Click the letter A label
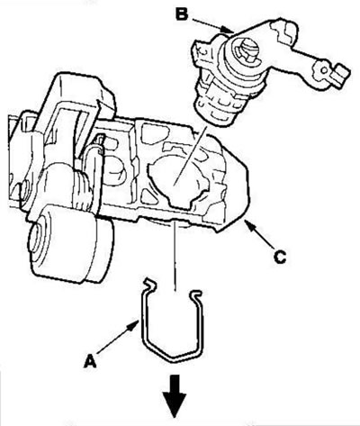(x=90, y=361)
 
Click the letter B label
(x=182, y=14)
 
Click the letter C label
(x=280, y=257)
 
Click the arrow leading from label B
(x=213, y=25)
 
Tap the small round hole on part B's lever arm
(x=325, y=70)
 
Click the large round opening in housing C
(x=176, y=181)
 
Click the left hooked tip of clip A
(x=149, y=284)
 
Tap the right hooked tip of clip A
(x=196, y=294)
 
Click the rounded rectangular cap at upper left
(x=80, y=90)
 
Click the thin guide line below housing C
(x=175, y=256)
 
